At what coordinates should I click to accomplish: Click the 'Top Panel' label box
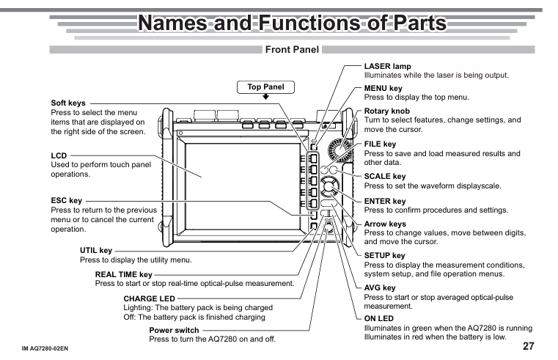(x=265, y=87)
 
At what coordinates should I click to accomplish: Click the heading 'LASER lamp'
(x=387, y=67)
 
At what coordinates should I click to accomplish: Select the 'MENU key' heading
(x=383, y=88)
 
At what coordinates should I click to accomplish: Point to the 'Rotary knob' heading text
(x=387, y=111)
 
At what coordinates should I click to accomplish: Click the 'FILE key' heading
(x=380, y=144)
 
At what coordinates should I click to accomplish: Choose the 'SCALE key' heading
(x=385, y=177)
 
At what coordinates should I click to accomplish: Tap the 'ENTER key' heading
(x=385, y=201)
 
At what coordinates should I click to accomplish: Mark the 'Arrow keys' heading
(x=385, y=224)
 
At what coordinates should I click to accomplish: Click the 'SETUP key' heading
(x=385, y=256)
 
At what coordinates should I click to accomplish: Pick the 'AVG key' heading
(x=380, y=288)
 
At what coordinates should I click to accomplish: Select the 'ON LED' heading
(x=379, y=319)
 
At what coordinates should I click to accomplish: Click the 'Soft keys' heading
(x=68, y=103)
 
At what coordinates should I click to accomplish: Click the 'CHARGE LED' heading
(x=150, y=299)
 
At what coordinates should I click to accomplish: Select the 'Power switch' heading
(x=174, y=331)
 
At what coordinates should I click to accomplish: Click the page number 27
(x=528, y=345)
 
